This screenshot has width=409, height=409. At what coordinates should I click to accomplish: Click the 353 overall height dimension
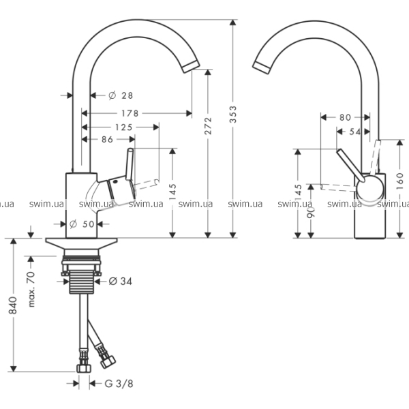(233, 115)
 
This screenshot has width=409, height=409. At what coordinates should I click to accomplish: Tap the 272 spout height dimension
(208, 125)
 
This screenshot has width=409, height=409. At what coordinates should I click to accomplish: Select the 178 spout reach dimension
(130, 113)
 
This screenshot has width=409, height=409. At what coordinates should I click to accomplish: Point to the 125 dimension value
(123, 127)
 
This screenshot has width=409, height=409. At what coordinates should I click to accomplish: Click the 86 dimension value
(107, 140)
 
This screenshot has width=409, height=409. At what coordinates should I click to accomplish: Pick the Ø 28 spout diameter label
(121, 95)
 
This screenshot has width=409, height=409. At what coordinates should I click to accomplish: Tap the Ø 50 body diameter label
(82, 224)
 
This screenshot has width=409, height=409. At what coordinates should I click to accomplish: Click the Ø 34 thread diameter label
(120, 281)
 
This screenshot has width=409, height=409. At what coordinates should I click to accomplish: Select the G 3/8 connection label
(119, 384)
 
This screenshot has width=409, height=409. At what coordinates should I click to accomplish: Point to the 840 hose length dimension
(13, 305)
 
